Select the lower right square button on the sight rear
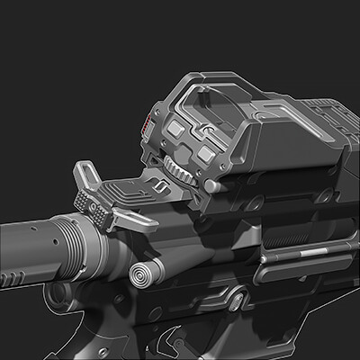click(206, 156)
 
